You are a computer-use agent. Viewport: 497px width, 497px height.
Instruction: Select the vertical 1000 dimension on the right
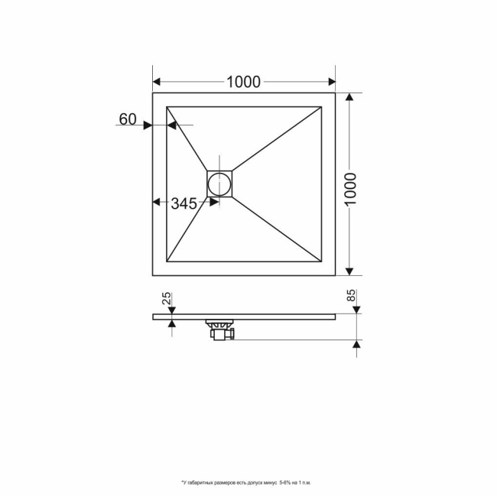pyautogui.click(x=350, y=184)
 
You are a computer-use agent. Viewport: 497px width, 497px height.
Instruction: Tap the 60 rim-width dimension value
pyautogui.click(x=128, y=119)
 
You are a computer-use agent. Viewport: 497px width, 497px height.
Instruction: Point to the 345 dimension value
pyautogui.click(x=184, y=203)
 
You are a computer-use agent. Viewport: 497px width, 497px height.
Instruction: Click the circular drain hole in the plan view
pyautogui.click(x=219, y=184)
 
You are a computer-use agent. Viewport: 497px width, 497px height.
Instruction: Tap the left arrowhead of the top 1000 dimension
pyautogui.click(x=158, y=82)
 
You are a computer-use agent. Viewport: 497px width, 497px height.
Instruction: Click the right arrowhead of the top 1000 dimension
pyautogui.click(x=331, y=82)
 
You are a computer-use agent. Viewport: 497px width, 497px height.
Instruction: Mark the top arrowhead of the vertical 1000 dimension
pyautogui.click(x=350, y=98)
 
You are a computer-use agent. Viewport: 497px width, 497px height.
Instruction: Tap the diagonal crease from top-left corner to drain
pyautogui.click(x=187, y=138)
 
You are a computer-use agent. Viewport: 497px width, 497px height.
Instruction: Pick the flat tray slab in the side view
pyautogui.click(x=291, y=315)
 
